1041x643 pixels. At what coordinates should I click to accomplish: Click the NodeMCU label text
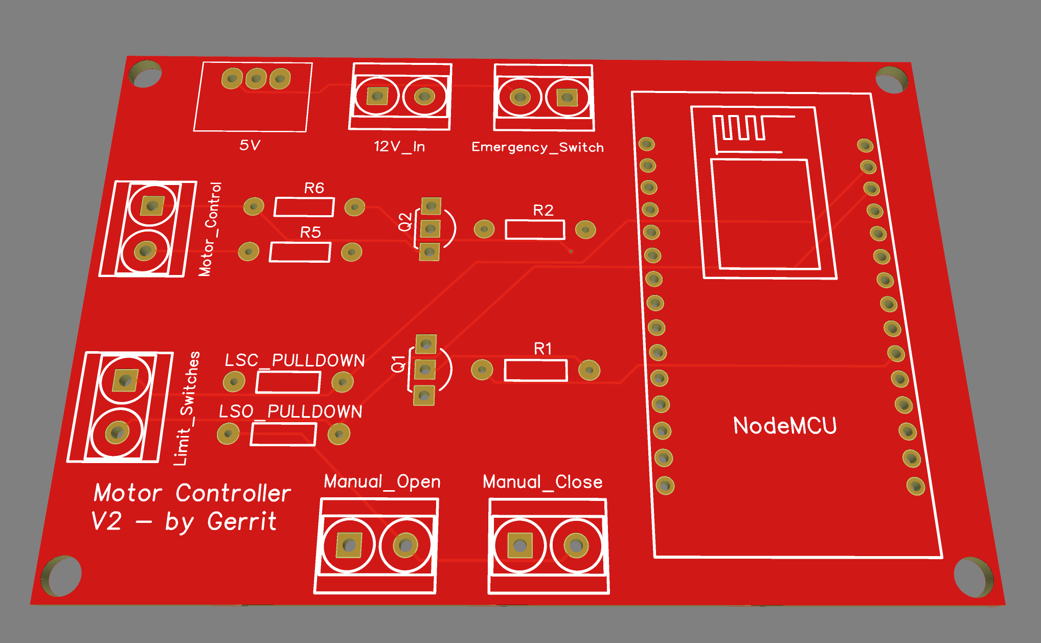784,426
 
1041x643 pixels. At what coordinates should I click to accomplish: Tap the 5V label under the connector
250,145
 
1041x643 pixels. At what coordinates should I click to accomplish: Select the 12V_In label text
399,147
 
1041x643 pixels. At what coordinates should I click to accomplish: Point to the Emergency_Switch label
537,147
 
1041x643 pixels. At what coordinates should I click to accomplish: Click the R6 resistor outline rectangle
304,207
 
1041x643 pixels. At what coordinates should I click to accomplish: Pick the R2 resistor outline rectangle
535,229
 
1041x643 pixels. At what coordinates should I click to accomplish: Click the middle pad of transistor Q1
425,370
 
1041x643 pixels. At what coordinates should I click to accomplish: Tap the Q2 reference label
405,222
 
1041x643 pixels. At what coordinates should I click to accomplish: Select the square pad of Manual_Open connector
349,545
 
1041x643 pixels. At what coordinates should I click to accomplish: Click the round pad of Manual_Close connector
576,545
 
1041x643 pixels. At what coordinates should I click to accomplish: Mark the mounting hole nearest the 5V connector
146,74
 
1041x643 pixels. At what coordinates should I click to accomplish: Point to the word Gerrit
242,522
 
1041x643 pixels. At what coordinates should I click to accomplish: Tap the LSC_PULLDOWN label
295,360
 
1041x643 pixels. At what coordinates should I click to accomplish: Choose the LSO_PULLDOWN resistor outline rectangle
283,435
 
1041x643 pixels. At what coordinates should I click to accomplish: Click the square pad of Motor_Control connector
152,206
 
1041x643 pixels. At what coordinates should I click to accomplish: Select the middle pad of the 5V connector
256,79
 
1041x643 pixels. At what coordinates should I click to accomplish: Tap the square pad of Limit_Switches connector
125,380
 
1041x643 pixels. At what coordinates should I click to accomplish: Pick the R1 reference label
542,349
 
